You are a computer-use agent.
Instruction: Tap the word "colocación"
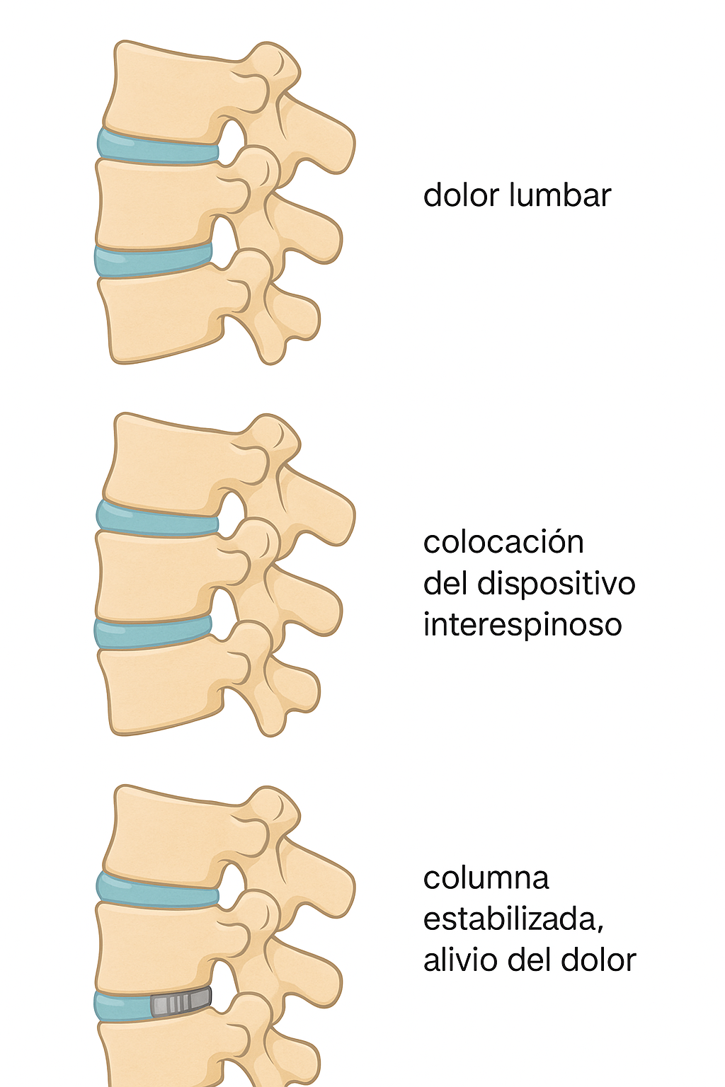[503, 543]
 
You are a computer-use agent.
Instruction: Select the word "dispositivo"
[556, 584]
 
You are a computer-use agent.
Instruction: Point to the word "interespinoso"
[523, 625]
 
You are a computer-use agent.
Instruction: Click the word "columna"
[486, 878]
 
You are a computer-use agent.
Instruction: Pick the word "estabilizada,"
[513, 919]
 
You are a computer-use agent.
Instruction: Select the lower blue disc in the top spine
[153, 260]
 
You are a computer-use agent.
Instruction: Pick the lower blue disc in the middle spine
[153, 633]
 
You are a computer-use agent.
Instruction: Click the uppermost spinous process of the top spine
[319, 138]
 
